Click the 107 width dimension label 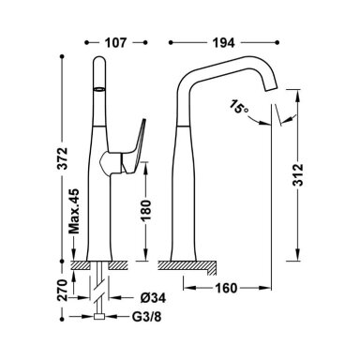(x=115, y=42)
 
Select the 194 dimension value (x=224, y=42)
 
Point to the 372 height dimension (x=64, y=157)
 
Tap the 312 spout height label (x=299, y=174)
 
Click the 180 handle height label (x=146, y=211)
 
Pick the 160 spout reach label (x=226, y=288)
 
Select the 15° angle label (x=240, y=108)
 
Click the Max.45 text (x=74, y=212)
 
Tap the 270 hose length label (x=63, y=290)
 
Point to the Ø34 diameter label (x=153, y=298)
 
